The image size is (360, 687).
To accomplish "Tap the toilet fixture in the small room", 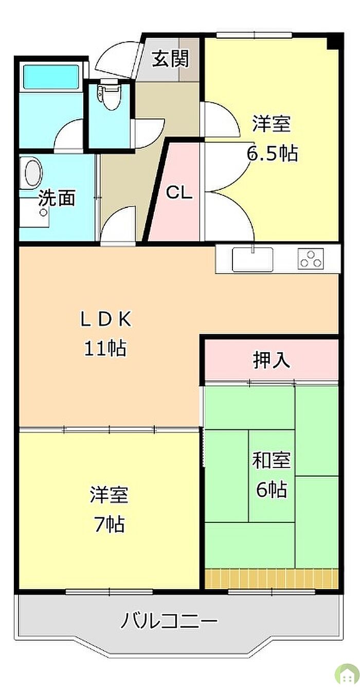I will [107, 96].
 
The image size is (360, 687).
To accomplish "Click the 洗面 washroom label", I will [57, 197].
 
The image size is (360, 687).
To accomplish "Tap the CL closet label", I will [179, 193].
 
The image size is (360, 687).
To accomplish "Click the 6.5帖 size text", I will [272, 153].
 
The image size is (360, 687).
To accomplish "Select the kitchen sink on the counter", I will [253, 259].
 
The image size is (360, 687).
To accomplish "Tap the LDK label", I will [106, 319].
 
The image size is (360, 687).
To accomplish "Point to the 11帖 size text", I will [106, 349].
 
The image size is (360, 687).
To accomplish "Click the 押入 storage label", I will [272, 360].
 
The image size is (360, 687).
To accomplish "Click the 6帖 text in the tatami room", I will [272, 490].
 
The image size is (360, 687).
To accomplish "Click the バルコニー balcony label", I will [169, 621].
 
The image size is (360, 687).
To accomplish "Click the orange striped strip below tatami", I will [272, 578].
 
